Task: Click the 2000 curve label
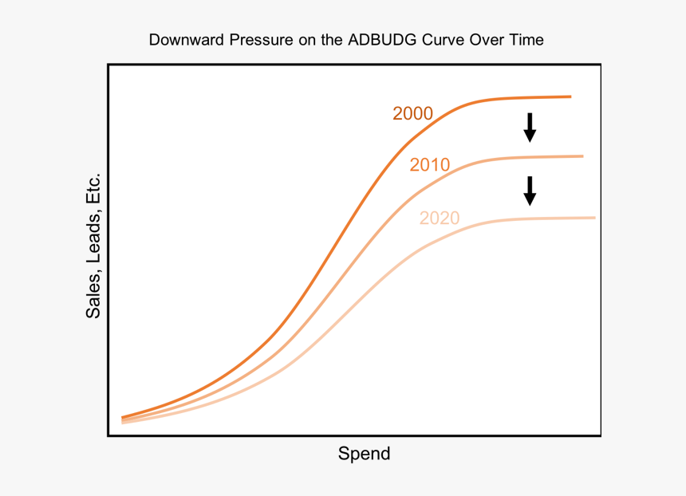tap(412, 114)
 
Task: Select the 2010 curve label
tap(430, 166)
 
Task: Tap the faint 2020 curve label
tap(440, 218)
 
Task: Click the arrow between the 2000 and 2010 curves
tap(530, 128)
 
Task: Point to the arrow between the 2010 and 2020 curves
tap(530, 191)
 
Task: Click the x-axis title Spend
tap(365, 455)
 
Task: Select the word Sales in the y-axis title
tap(94, 298)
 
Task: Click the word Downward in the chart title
tap(187, 40)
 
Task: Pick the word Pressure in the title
tap(261, 40)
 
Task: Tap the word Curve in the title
tap(447, 40)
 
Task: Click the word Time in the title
tap(527, 40)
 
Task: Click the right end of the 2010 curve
tap(582, 156)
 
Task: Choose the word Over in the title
tap(490, 40)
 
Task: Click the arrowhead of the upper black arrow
tap(530, 136)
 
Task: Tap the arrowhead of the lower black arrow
tap(530, 199)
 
